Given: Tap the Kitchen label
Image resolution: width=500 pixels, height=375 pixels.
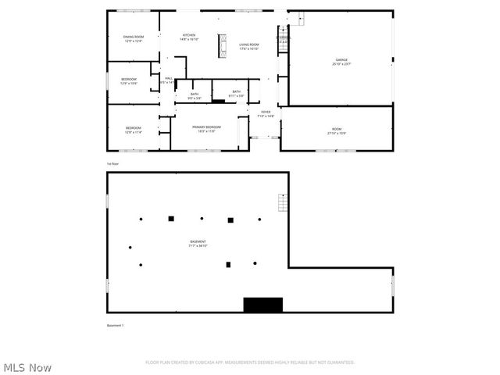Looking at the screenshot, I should tap(189, 37).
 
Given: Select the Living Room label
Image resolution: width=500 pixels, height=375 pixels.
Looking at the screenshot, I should tap(249, 46).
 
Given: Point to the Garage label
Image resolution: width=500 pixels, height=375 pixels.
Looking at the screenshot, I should tap(341, 62).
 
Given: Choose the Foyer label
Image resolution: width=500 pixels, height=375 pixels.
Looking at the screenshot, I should tap(266, 114).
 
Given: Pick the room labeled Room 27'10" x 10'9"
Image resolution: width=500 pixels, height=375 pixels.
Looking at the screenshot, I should tap(337, 130).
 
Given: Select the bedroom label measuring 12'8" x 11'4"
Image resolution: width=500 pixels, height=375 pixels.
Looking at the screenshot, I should tap(134, 130).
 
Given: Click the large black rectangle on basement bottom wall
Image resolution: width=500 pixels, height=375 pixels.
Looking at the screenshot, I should tap(262, 305).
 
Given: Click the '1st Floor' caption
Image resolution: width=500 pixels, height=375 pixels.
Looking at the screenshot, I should tap(113, 164).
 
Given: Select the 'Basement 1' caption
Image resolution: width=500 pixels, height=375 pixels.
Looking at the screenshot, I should tap(116, 325).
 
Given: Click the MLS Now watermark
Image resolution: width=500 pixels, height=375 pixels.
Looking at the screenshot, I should tap(28, 367).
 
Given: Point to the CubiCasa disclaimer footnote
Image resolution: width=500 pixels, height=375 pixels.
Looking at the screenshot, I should tap(250, 362).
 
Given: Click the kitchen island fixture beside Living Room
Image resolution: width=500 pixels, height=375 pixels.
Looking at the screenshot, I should tap(221, 43).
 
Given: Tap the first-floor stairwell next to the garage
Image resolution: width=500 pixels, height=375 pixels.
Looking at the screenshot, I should tap(283, 39).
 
